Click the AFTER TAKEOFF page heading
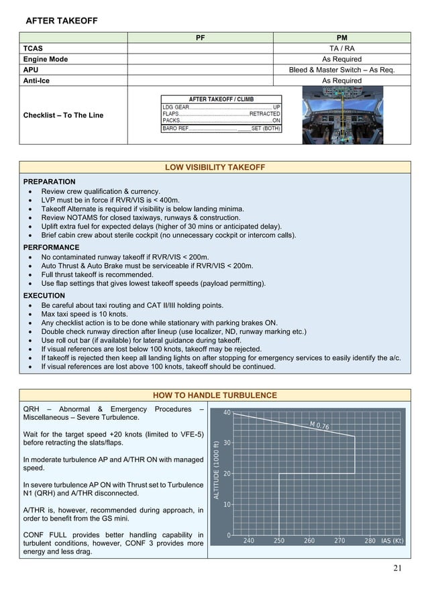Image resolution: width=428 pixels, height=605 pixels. (61, 21)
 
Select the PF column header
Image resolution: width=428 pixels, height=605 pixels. (200, 38)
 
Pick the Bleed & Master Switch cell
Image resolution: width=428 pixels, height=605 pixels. (341, 70)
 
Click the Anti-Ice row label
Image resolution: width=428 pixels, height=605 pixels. (40, 80)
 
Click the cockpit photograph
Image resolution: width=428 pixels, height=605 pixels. (341, 115)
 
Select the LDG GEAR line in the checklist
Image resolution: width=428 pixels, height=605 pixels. (221, 107)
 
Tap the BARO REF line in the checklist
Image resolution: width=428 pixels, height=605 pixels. (221, 128)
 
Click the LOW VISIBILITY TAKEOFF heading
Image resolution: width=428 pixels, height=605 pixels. (214, 167)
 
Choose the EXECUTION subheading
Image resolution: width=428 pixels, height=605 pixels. (44, 295)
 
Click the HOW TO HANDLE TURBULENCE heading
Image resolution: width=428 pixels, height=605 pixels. (214, 395)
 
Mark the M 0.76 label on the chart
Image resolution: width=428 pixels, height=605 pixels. (319, 425)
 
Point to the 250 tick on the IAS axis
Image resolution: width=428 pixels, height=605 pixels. (279, 540)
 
